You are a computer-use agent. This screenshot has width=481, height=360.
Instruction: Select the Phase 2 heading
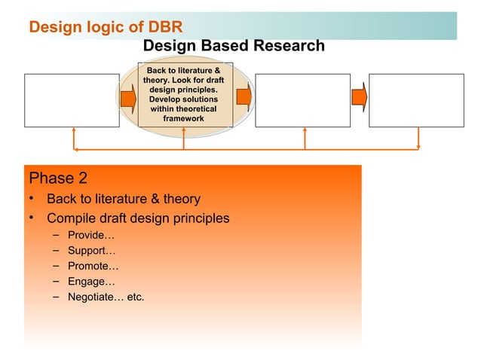click(x=58, y=178)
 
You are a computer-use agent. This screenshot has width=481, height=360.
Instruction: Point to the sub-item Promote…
click(x=93, y=266)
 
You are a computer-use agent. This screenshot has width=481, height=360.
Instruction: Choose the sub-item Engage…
click(x=91, y=282)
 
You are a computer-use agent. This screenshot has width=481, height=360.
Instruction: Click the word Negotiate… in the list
click(x=95, y=297)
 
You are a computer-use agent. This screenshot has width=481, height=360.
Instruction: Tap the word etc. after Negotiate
click(x=136, y=297)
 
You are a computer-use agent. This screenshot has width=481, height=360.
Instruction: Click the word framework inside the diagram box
click(x=183, y=119)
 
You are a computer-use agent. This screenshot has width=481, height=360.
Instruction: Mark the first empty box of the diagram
click(x=72, y=100)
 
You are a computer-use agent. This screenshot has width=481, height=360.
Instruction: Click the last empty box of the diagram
click(x=416, y=100)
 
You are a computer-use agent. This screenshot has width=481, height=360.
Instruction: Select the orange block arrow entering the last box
click(x=360, y=96)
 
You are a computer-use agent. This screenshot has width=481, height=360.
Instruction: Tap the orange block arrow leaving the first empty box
click(x=128, y=97)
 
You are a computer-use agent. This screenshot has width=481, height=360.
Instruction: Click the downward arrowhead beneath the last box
click(x=418, y=146)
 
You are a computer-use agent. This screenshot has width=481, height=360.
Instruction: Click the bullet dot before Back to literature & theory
click(x=32, y=199)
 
